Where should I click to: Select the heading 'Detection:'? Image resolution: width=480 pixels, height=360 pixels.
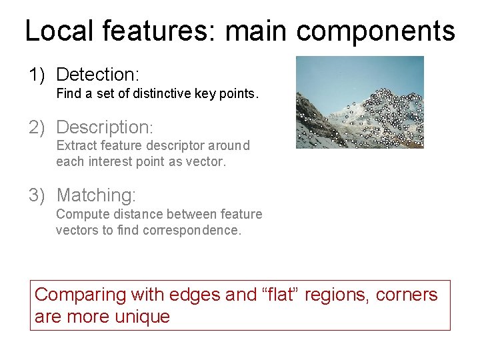click(x=97, y=75)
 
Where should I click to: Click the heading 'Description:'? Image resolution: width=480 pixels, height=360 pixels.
click(x=105, y=127)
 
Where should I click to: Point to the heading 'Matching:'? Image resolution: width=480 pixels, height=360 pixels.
click(x=96, y=195)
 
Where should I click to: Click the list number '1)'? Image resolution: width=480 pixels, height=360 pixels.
click(x=37, y=75)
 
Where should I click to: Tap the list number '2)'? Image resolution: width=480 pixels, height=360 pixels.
click(x=37, y=127)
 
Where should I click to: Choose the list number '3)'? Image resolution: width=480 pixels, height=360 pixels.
click(x=37, y=195)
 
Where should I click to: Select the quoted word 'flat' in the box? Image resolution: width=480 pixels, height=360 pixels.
click(x=283, y=294)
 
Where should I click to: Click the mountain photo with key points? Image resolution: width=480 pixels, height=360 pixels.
click(x=359, y=102)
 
